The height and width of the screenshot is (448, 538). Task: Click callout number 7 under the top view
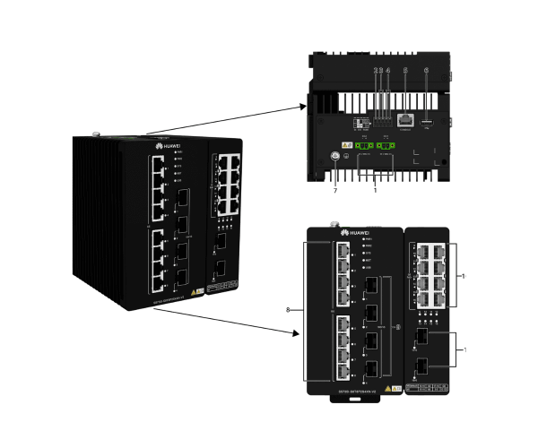click(x=334, y=191)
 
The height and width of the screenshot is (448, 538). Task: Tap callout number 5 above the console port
click(x=405, y=69)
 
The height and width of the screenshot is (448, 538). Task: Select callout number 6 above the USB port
click(x=427, y=69)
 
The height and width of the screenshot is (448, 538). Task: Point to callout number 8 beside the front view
click(x=288, y=310)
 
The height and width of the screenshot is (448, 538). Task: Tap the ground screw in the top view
click(x=334, y=156)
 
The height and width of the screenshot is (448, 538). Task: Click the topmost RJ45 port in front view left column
click(x=344, y=252)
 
